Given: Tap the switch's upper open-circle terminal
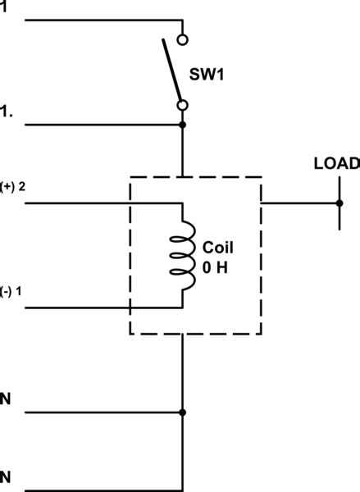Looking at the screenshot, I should (183, 39).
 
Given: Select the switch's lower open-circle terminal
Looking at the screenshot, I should (183, 105).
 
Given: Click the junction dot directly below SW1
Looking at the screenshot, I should (183, 125).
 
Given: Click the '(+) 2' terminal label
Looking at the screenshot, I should (13, 186).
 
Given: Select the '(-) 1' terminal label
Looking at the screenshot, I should (12, 294).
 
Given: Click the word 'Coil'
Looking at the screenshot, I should (217, 248).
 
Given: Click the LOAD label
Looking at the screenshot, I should (336, 163).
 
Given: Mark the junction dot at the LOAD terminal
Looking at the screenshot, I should (338, 202).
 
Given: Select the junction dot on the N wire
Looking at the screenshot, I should (183, 412).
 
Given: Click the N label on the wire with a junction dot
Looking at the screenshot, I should (7, 399).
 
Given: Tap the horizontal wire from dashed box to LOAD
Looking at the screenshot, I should (299, 202).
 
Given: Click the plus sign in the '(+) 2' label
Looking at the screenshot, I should (8, 186).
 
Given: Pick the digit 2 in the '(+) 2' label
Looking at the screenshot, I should (22, 186).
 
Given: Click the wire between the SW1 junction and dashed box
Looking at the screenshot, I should (183, 151).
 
